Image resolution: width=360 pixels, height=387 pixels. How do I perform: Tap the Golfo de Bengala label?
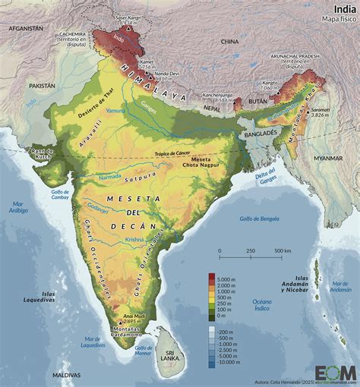[245, 219]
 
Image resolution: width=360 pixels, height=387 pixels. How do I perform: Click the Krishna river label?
[134, 239]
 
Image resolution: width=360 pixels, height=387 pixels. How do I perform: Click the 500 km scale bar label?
[282, 250]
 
